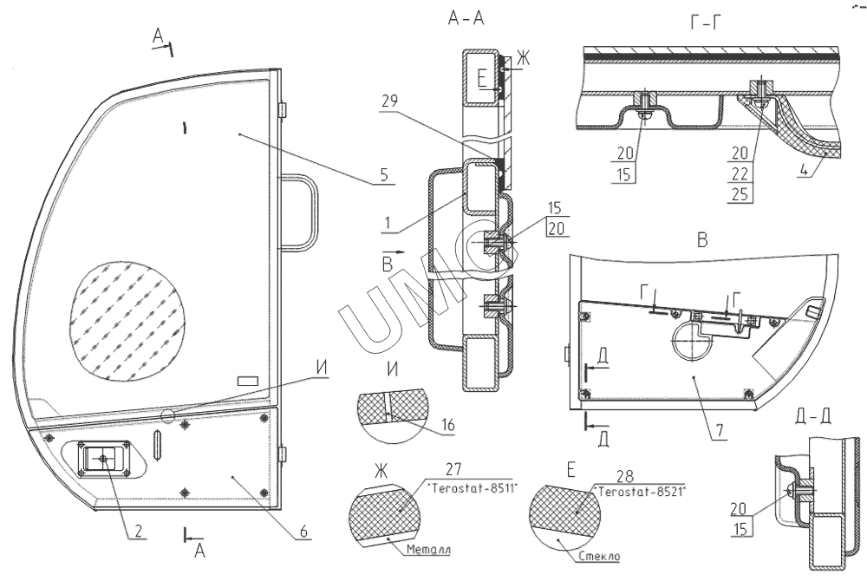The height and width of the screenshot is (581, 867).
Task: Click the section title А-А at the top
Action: click(x=466, y=19)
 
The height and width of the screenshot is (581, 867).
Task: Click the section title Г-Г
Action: click(x=706, y=23)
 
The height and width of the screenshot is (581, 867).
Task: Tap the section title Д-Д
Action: click(x=812, y=417)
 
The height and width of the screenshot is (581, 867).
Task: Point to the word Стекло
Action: click(x=600, y=556)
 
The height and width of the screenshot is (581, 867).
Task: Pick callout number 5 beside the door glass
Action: click(x=384, y=174)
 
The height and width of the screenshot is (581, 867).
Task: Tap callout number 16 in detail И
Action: click(x=448, y=425)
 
